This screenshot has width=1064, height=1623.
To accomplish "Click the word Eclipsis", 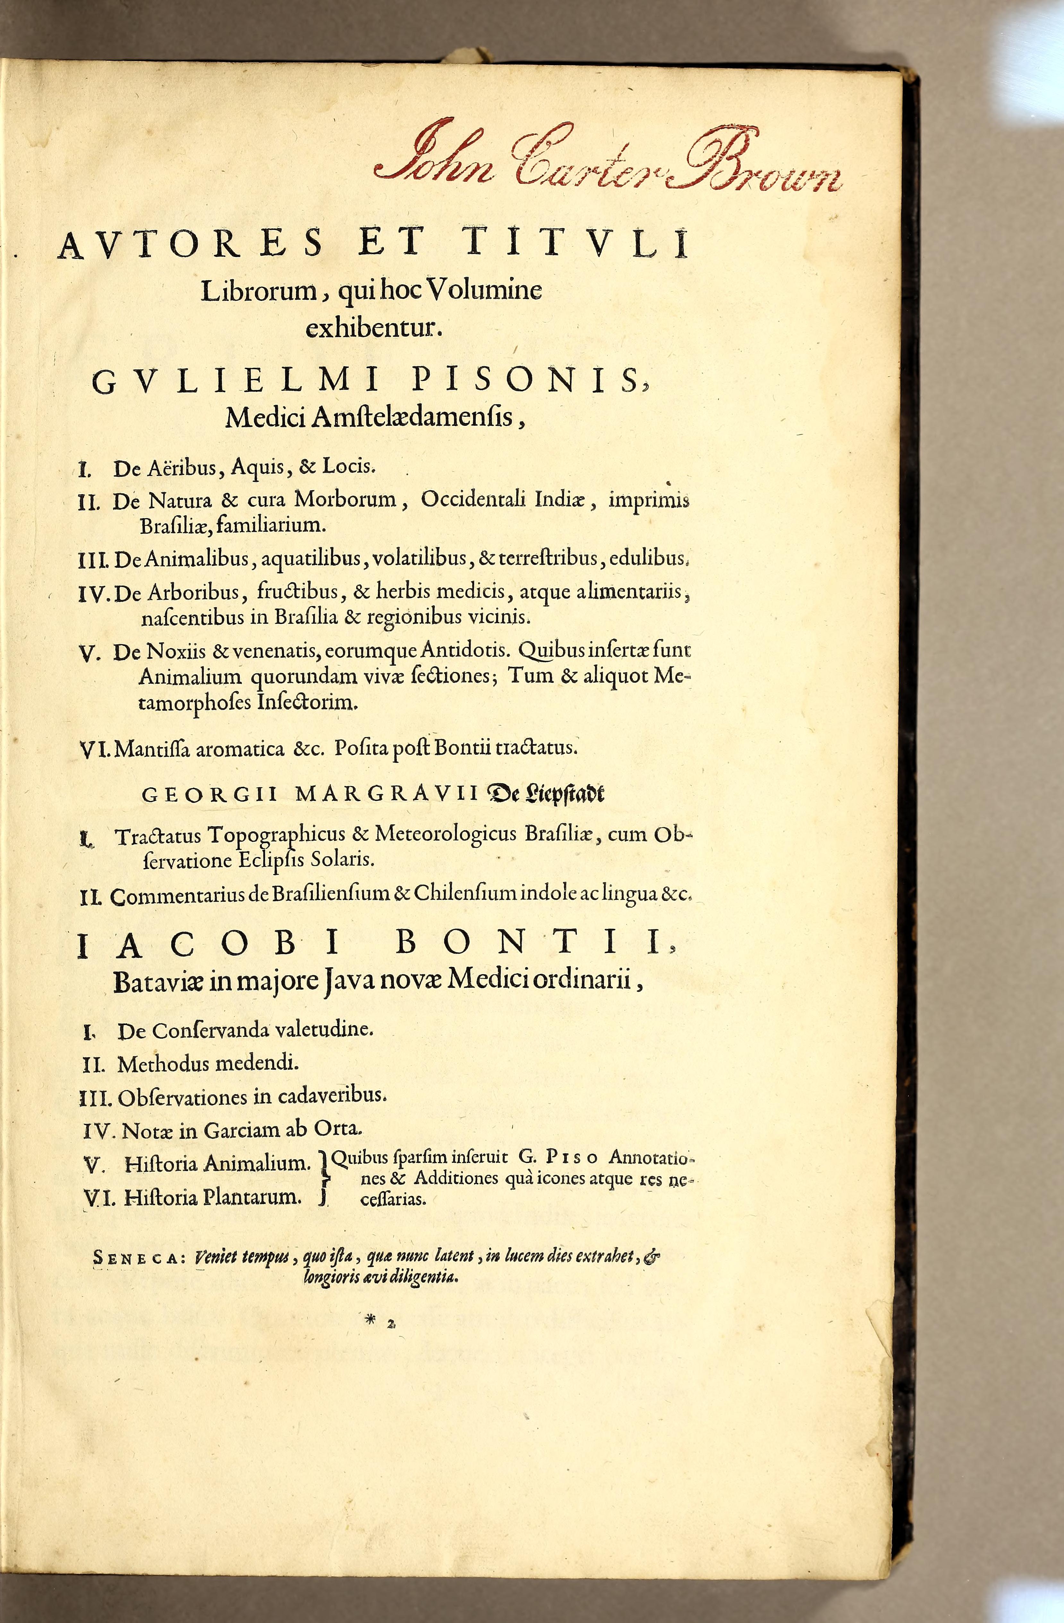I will click(x=271, y=861).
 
